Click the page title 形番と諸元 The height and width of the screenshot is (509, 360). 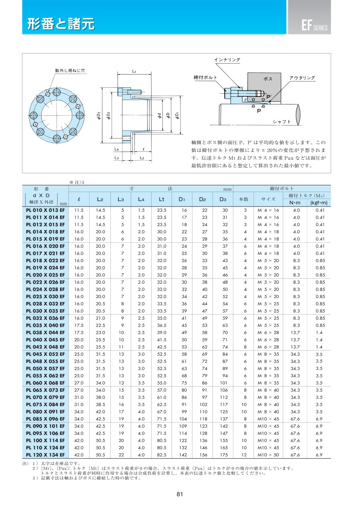tap(61, 24)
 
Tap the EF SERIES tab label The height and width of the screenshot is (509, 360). tap(314, 27)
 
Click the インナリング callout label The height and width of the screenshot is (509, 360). tap(227, 60)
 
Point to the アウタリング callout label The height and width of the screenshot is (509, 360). tap(302, 78)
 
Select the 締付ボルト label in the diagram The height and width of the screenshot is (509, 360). tap(205, 78)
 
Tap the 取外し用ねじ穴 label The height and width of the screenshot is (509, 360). tap(70, 71)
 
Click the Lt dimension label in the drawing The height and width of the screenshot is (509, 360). tap(134, 71)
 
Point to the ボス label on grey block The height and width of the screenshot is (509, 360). tap(268, 79)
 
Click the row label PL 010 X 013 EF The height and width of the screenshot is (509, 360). tap(45, 210)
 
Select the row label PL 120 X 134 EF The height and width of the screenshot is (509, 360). tap(45, 455)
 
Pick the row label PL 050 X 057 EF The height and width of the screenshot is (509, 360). tap(45, 369)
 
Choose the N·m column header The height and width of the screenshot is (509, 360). tap(294, 203)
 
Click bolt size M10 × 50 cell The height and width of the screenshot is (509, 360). tap(268, 455)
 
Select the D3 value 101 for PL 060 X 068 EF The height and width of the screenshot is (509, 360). tap(224, 383)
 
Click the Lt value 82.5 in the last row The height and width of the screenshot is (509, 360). tap(161, 455)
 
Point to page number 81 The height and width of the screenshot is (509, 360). tap(180, 494)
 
